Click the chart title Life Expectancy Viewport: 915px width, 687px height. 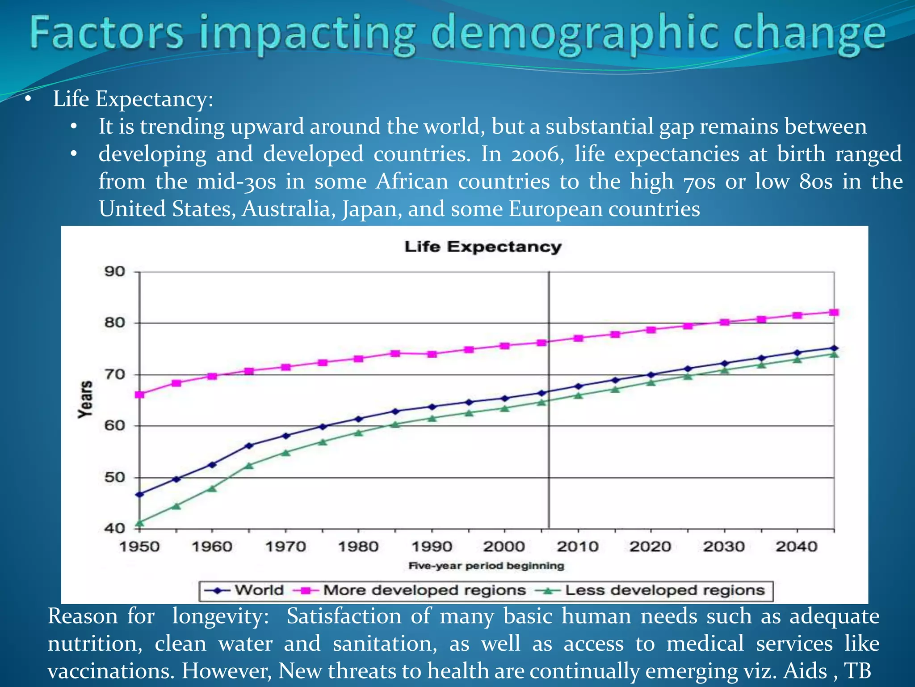click(x=483, y=247)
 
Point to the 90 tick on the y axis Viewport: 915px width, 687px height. click(x=114, y=271)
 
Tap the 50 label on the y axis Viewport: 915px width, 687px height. click(x=114, y=477)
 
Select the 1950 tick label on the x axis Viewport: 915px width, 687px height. click(x=139, y=546)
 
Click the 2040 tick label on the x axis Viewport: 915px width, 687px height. click(x=797, y=546)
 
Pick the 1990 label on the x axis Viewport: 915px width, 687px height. click(x=432, y=546)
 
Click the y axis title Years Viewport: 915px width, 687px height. click(x=85, y=399)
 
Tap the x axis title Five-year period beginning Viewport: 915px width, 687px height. click(x=486, y=566)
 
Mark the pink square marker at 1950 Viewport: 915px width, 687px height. click(x=139, y=394)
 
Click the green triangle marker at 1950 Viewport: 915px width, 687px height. click(x=139, y=522)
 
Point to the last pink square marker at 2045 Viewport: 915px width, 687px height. click(x=834, y=312)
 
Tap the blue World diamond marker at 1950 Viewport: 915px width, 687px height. click(x=139, y=494)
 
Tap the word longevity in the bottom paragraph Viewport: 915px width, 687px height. click(x=221, y=616)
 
